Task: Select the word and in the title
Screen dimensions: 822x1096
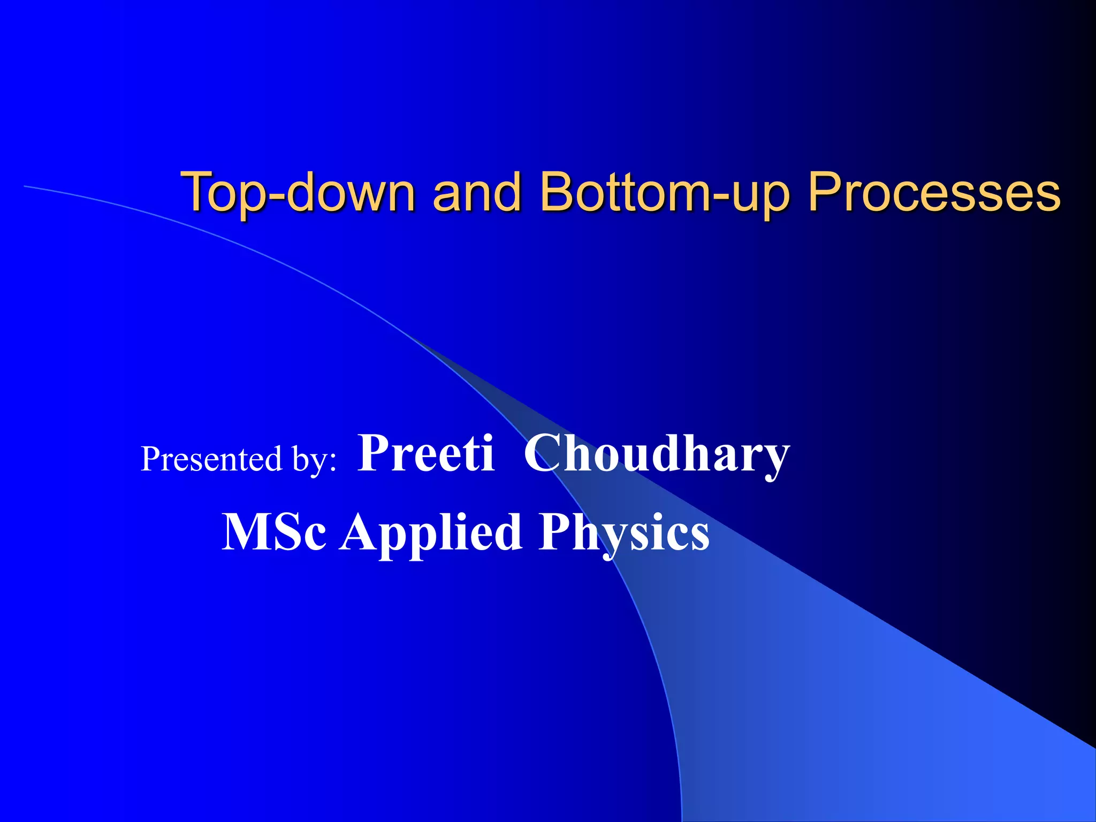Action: pyautogui.click(x=476, y=193)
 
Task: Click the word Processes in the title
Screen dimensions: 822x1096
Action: pyautogui.click(x=934, y=193)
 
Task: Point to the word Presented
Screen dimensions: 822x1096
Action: pyautogui.click(x=212, y=459)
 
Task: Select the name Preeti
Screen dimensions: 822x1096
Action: pyautogui.click(x=426, y=453)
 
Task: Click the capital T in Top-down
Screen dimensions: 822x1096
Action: pyautogui.click(x=198, y=192)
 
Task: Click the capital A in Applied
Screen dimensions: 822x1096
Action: pyautogui.click(x=360, y=531)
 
